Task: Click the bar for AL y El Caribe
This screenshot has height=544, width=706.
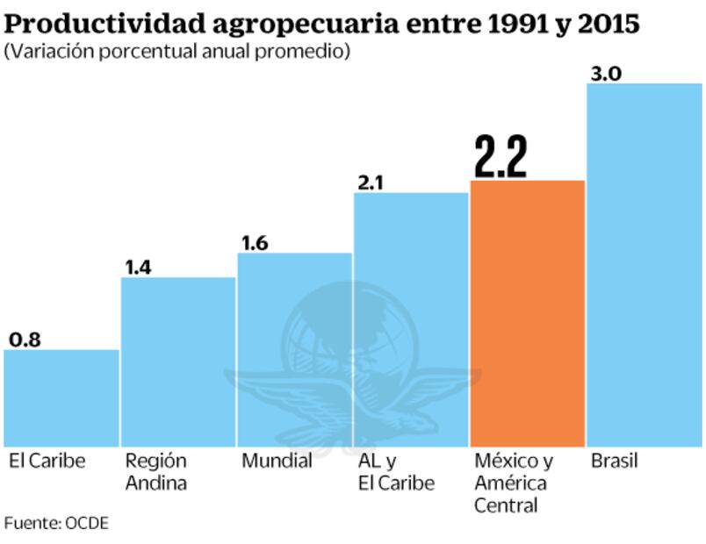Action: (x=410, y=319)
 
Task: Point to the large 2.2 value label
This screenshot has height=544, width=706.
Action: (x=501, y=157)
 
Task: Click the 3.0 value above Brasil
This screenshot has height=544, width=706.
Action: (x=606, y=75)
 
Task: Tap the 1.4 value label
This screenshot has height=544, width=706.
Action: (x=138, y=268)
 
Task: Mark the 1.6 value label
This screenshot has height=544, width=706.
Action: (x=255, y=243)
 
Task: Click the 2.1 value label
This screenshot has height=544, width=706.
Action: (x=371, y=183)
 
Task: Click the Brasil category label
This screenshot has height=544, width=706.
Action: (x=614, y=462)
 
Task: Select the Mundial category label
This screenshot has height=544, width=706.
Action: (x=277, y=462)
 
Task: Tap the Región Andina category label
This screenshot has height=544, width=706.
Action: (x=156, y=472)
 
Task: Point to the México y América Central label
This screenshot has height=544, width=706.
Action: (x=514, y=483)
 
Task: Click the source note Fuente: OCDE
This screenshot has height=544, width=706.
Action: (x=56, y=523)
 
